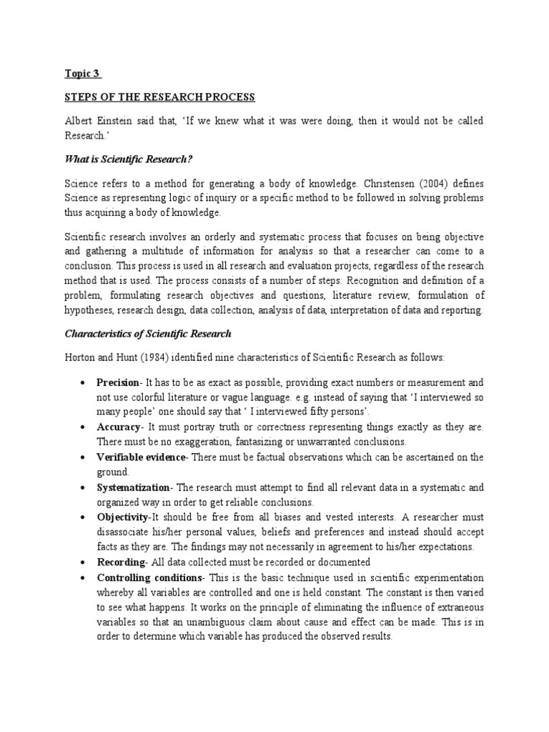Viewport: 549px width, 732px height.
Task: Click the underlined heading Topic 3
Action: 83,74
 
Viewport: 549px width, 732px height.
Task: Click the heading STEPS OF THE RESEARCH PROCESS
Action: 160,97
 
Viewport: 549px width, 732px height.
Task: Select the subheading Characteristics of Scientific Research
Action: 148,334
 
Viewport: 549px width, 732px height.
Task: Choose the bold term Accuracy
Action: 118,427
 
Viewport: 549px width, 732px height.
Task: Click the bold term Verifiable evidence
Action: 141,457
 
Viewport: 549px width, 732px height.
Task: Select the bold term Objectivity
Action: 124,517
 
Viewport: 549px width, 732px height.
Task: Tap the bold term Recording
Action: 119,562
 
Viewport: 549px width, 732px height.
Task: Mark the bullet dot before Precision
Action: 85,383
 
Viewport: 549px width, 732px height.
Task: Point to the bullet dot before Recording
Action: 85,563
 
